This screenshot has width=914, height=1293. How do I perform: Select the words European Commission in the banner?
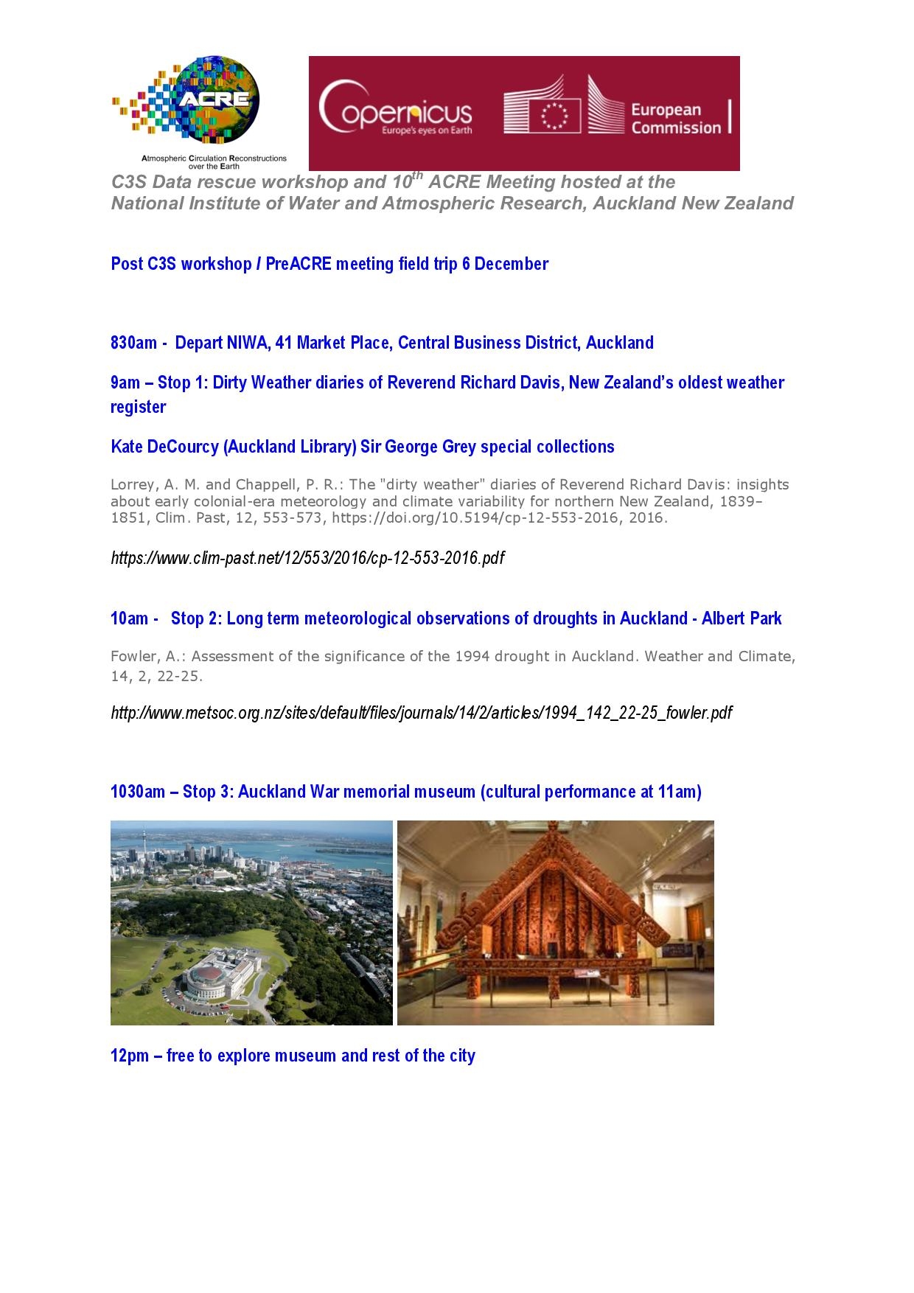pyautogui.click(x=675, y=119)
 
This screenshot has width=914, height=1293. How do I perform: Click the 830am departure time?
pyautogui.click(x=133, y=343)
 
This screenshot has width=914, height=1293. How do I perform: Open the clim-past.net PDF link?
pyautogui.click(x=307, y=558)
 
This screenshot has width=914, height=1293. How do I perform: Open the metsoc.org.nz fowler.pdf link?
pyautogui.click(x=421, y=713)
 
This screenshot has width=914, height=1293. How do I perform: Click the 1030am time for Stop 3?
pyautogui.click(x=138, y=792)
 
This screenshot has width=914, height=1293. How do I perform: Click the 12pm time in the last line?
pyautogui.click(x=127, y=1056)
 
